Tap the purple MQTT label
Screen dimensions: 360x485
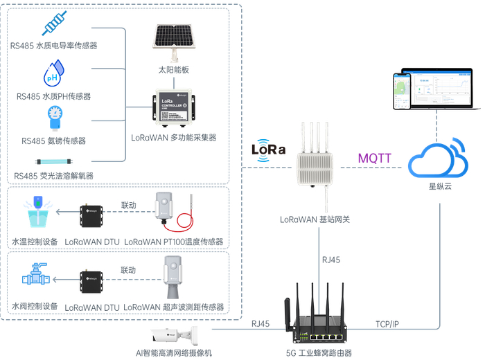tap(374, 158)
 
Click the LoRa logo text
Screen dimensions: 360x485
tap(267, 149)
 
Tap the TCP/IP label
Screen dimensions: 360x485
tap(387, 323)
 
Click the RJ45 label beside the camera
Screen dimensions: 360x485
tap(261, 323)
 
